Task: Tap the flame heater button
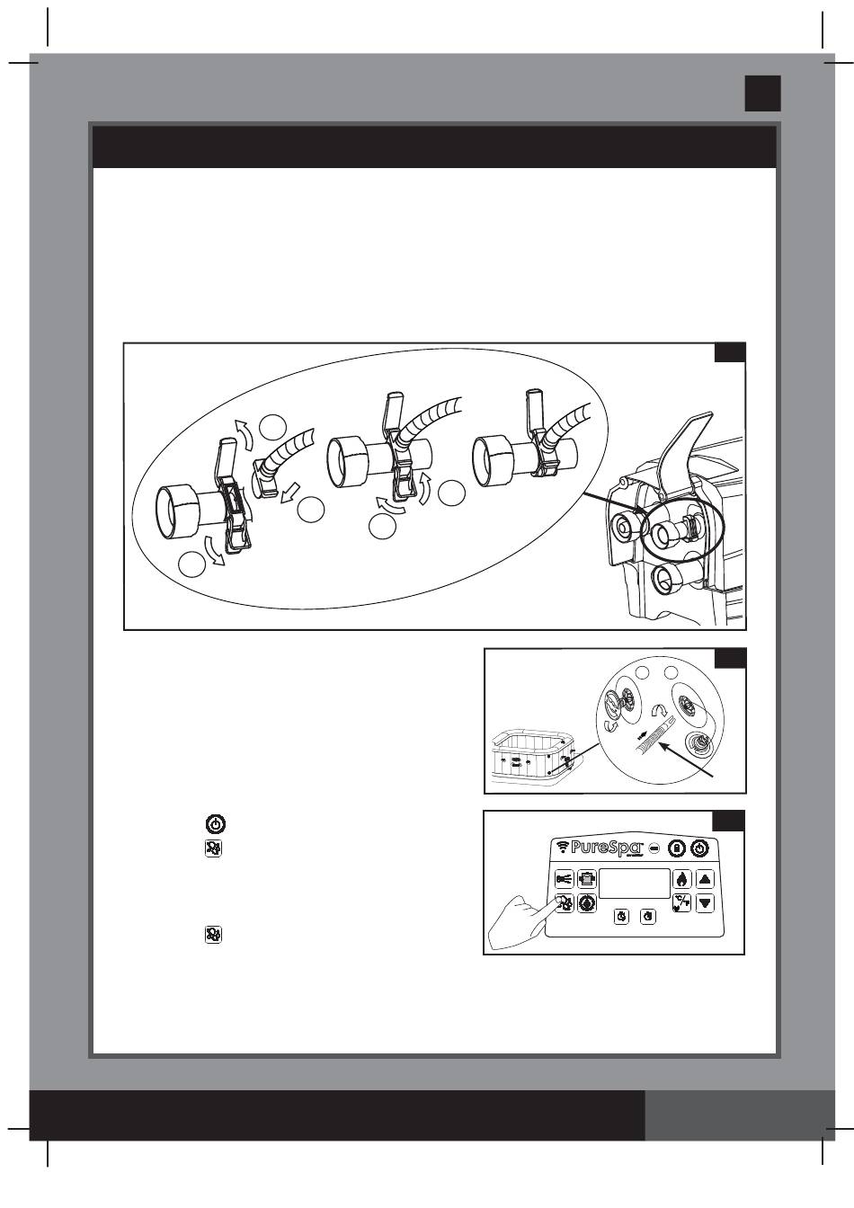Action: click(682, 880)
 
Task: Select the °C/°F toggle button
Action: click(682, 902)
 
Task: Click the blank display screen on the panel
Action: click(635, 883)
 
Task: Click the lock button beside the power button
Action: click(678, 848)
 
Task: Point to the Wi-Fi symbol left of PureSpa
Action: click(563, 848)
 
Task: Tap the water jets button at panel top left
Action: click(565, 880)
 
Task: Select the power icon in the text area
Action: click(216, 823)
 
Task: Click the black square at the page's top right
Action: click(762, 93)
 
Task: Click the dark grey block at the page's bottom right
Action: click(740, 1115)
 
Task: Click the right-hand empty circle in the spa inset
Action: click(670, 674)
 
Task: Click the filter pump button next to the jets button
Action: click(587, 880)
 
